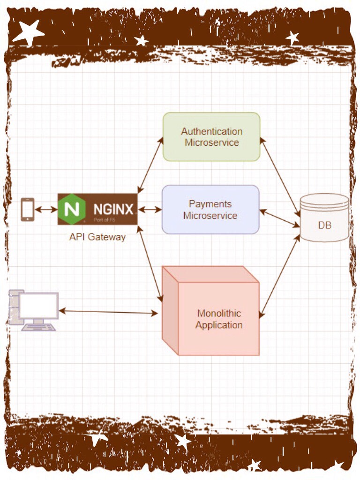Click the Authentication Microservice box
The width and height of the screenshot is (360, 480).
coord(211,136)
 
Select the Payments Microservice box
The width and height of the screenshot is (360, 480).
coord(210,210)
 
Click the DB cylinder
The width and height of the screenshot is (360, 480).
coord(324,218)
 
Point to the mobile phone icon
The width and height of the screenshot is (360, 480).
coord(28,209)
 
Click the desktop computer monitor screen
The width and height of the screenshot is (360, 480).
coord(38,306)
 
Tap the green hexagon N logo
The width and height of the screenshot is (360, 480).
coord(73,209)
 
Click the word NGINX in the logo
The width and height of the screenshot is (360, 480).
coord(113,208)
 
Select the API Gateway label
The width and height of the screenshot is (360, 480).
coord(97,237)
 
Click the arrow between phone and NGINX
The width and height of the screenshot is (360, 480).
coord(46,209)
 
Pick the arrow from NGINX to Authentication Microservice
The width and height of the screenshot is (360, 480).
coord(150,165)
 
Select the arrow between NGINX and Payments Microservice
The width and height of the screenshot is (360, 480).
coord(150,209)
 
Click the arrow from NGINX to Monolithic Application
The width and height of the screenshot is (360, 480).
coord(150,263)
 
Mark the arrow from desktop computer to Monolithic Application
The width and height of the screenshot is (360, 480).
coord(108,312)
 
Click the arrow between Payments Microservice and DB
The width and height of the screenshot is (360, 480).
coord(279,218)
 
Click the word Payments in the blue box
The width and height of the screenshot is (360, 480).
coord(210,204)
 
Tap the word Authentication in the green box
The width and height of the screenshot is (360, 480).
coord(212,131)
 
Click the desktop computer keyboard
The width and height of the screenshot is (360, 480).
coord(38,327)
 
